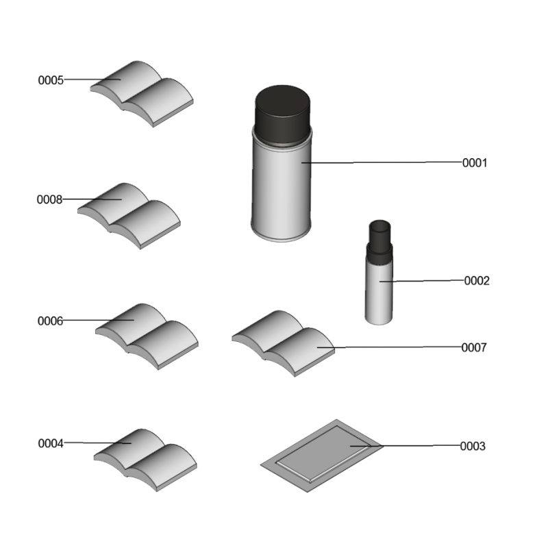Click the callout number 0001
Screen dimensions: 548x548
point(474,163)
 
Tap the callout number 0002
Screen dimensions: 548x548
point(477,281)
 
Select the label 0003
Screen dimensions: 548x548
point(473,447)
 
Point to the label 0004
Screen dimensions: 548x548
point(51,443)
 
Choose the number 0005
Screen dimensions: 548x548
point(51,80)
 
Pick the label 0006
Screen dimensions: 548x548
point(50,321)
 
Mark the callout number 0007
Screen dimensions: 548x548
point(474,348)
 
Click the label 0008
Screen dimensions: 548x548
point(49,199)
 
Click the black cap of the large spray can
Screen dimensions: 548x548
point(282,114)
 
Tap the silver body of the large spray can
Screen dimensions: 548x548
point(282,190)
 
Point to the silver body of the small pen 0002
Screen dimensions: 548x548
point(379,294)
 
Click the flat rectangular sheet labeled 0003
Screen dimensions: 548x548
point(322,456)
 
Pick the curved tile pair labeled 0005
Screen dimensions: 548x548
point(142,94)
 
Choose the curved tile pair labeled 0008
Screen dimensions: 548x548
point(129,216)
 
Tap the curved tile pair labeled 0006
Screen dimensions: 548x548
point(147,336)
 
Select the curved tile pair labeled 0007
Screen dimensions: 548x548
point(284,343)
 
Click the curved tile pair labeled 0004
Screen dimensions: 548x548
point(145,460)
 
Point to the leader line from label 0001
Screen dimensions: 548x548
point(382,162)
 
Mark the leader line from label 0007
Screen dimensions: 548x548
point(389,347)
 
